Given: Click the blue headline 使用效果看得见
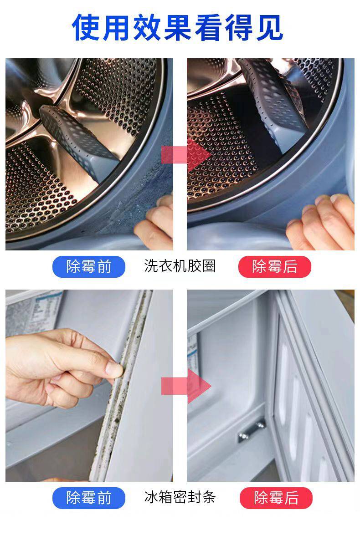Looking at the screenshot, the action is [x=178, y=27].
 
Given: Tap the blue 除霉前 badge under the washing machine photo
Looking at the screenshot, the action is [x=89, y=266].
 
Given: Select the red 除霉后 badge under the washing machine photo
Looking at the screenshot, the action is [x=275, y=266].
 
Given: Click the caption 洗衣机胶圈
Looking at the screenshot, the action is [x=180, y=266].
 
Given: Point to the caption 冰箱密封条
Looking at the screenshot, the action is [x=180, y=497].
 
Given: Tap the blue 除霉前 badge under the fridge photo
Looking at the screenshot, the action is [x=89, y=498].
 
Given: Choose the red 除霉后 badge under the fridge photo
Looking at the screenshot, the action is [x=276, y=498].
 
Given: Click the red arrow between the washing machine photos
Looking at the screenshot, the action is [x=186, y=155].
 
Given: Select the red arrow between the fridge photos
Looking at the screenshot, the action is [x=186, y=386].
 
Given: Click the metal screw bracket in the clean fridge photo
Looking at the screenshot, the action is [x=252, y=431].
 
